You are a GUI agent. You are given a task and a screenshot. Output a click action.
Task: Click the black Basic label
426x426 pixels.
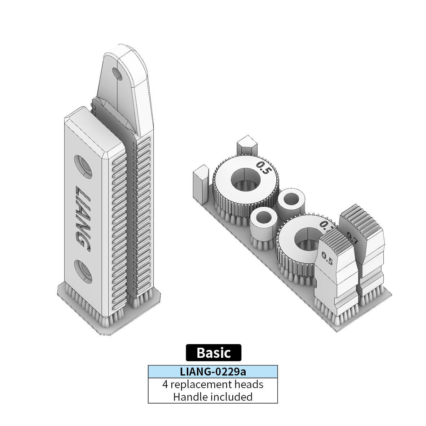click(213, 352)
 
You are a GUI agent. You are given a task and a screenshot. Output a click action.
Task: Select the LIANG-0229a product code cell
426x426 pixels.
click(213, 371)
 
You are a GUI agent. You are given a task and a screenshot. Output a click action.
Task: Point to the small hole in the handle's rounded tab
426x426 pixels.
click(117, 74)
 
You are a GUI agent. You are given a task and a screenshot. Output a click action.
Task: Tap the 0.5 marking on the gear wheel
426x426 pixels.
click(263, 168)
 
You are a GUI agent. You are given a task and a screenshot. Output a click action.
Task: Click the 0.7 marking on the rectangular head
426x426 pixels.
click(352, 238)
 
